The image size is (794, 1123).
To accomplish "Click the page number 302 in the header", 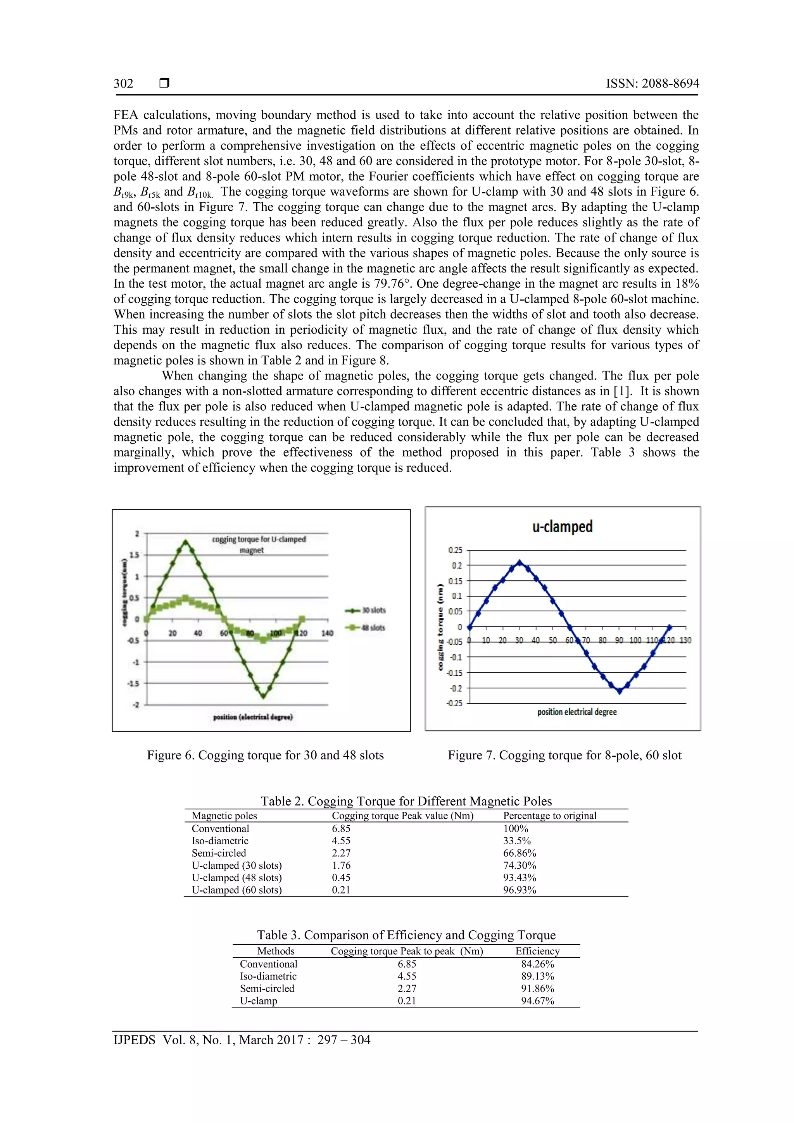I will [123, 84].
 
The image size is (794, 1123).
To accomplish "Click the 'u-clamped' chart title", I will [562, 527].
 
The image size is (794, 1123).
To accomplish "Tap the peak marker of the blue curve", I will [520, 562].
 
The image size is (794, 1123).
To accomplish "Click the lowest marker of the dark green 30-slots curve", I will [263, 695].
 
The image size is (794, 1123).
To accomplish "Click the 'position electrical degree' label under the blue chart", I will [577, 712].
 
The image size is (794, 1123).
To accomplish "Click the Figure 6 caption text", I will [265, 755].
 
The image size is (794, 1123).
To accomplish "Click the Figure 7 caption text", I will [564, 755].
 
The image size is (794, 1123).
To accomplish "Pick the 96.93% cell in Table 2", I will [520, 890].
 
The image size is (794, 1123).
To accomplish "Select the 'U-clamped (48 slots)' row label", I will [237, 878].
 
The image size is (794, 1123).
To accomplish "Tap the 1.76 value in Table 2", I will [341, 866].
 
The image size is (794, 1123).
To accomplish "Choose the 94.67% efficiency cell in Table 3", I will [537, 1001].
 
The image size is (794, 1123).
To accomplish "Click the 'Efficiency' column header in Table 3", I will [537, 951].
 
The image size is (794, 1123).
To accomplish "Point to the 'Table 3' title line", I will [406, 935].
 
